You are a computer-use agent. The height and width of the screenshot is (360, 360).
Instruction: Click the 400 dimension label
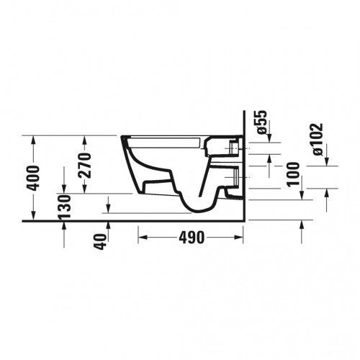click(x=33, y=178)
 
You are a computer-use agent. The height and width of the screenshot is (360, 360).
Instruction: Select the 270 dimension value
click(x=85, y=166)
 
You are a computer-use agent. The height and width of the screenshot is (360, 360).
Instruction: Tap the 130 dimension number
click(x=65, y=207)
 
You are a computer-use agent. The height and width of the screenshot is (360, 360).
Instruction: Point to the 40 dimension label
click(x=101, y=242)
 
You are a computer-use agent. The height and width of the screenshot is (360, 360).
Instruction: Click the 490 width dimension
click(x=192, y=238)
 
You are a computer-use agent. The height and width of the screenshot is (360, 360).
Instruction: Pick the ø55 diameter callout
click(x=261, y=122)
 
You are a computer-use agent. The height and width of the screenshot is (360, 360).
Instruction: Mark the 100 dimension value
click(x=294, y=174)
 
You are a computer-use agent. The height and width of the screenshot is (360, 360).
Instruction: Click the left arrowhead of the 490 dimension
click(x=143, y=238)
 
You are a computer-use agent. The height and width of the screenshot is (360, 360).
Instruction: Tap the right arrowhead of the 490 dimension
click(x=239, y=238)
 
